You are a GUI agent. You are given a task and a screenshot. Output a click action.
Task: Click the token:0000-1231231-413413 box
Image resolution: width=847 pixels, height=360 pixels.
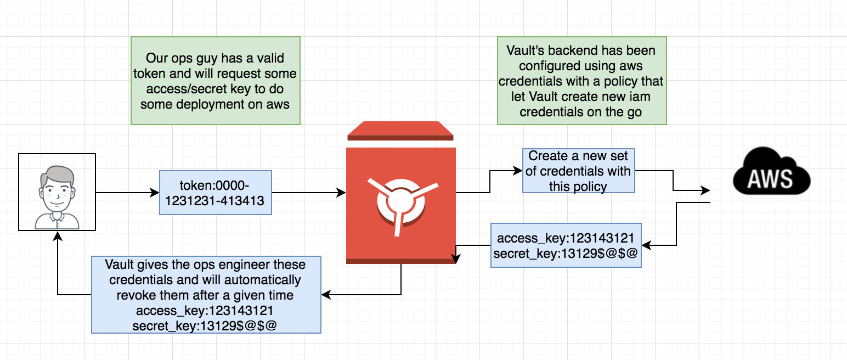[215, 193]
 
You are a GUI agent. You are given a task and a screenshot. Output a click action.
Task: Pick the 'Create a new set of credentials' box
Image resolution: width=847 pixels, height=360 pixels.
[578, 171]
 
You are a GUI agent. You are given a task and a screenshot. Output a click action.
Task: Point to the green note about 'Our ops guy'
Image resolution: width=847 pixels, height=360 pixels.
[215, 81]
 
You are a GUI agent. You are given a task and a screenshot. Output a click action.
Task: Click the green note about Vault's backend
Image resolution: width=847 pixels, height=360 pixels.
[581, 81]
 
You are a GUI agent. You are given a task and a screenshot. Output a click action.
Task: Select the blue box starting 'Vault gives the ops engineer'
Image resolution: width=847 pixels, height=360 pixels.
[206, 295]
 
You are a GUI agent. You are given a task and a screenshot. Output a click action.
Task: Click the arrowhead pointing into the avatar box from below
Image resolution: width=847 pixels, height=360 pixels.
[58, 235]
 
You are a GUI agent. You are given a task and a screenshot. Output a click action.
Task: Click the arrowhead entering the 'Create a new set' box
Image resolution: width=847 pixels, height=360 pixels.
[518, 171]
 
